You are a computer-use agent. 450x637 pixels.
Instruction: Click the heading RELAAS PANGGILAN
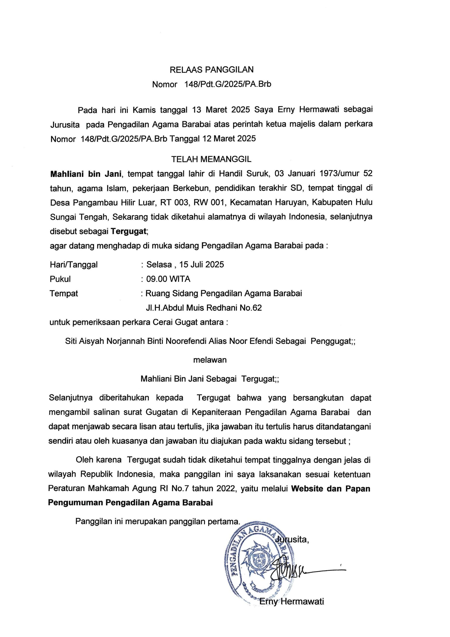[211, 69]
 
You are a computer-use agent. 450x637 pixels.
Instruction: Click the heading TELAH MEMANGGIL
[211, 159]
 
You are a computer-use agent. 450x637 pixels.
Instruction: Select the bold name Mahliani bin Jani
[86, 174]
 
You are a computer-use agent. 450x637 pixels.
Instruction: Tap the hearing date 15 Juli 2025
[201, 265]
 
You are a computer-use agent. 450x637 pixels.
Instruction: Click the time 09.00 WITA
[168, 279]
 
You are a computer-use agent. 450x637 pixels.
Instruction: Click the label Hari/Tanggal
[74, 265]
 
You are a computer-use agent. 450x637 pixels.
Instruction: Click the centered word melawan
[210, 360]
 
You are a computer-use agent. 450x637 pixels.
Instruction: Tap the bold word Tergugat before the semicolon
[128, 231]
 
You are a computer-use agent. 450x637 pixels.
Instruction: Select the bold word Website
[307, 488]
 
